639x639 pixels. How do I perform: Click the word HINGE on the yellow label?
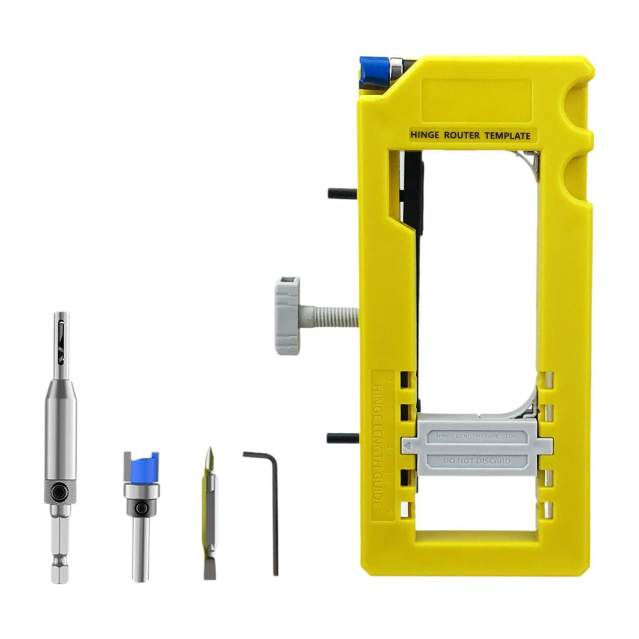[x=425, y=135]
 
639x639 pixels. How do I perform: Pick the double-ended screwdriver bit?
[x=209, y=515]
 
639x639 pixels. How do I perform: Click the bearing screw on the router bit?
[x=141, y=508]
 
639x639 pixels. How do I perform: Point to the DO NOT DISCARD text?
[x=476, y=461]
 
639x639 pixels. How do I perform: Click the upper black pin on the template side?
[x=341, y=194]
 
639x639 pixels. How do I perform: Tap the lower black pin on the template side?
[x=340, y=438]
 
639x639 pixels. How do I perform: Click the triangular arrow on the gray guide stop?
[x=407, y=445]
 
